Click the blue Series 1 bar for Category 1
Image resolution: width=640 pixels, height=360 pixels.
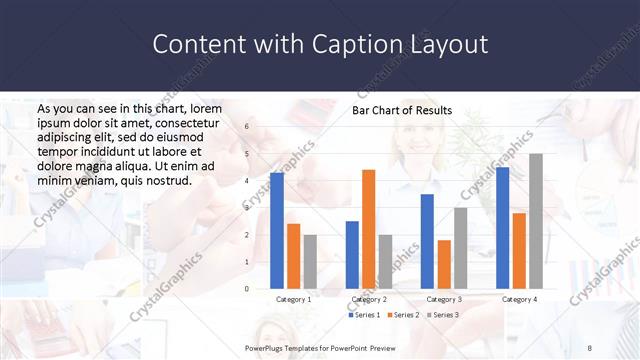(277, 231)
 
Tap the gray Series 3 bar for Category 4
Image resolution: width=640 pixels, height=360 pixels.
(536, 221)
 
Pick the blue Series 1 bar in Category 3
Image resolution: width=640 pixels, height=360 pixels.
(427, 241)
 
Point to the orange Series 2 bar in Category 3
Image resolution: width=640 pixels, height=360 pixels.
(444, 264)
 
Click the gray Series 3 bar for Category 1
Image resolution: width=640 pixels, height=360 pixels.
(310, 261)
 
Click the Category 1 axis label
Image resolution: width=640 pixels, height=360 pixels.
(293, 299)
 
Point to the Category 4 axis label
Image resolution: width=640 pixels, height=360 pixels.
(519, 299)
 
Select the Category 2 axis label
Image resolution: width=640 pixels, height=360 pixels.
(368, 299)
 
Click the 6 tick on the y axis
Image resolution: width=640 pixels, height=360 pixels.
(247, 127)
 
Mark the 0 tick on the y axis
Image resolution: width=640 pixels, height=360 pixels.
(247, 289)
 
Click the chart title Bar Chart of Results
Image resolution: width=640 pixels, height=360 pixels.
(402, 110)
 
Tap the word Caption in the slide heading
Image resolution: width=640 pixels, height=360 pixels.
(367, 45)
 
